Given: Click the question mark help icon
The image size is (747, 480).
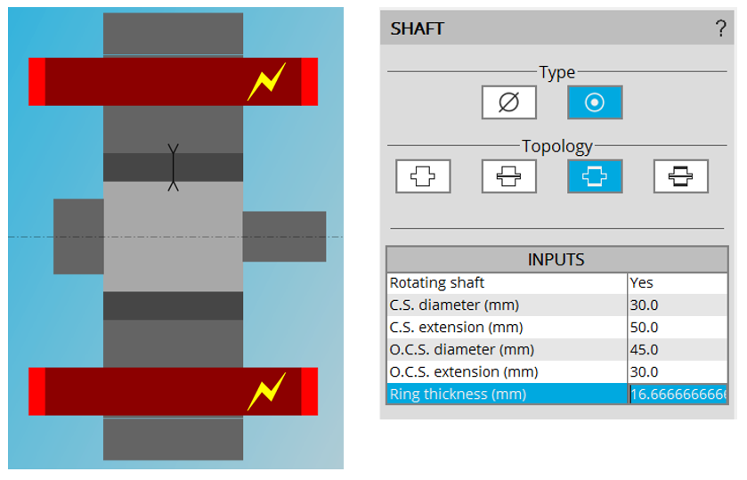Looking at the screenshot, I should (720, 28).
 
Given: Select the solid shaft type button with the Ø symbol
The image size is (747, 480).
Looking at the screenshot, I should (508, 102).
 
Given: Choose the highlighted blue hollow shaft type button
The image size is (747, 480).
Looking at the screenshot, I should (595, 102).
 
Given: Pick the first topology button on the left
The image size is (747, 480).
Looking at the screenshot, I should (423, 176).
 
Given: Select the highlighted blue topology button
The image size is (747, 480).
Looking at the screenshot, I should (595, 176).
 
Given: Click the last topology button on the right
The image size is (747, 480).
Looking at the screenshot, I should (680, 176).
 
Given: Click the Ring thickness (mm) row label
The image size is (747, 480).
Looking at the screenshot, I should (458, 394).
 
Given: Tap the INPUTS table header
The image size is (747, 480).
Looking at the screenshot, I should (556, 260).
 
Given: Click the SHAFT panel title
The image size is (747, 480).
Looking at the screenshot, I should (418, 28).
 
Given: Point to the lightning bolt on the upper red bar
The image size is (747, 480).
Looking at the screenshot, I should (266, 81).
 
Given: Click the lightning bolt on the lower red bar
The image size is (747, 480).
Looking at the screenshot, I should (266, 391).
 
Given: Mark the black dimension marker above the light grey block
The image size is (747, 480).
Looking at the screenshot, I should (174, 167).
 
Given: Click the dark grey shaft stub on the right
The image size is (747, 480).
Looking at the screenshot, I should (284, 236).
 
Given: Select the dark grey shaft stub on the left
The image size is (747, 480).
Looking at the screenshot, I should (78, 236).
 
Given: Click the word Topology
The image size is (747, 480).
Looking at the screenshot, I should (557, 146).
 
